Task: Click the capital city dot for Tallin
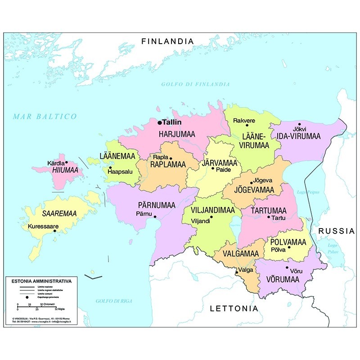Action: (159, 122)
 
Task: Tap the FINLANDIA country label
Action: (167, 41)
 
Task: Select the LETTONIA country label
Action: (234, 309)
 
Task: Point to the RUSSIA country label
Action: (337, 231)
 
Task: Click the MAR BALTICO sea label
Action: (45, 117)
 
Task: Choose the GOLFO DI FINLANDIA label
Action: (195, 84)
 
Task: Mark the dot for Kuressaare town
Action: (55, 231)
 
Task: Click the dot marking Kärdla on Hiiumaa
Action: (67, 162)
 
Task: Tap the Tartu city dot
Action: (268, 217)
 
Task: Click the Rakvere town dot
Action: (247, 126)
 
